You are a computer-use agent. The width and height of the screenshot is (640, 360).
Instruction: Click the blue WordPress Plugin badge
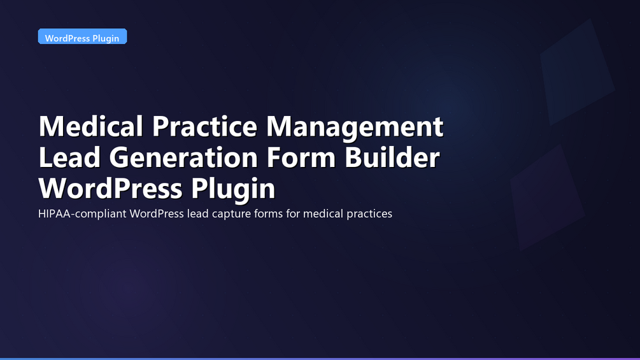point(82,36)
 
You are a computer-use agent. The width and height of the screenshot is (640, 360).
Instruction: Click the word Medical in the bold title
point(91,126)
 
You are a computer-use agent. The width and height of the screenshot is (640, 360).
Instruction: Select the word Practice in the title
point(204,126)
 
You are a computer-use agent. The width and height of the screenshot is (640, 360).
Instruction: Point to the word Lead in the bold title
point(69,157)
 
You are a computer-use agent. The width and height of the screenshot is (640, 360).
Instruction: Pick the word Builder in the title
point(392,157)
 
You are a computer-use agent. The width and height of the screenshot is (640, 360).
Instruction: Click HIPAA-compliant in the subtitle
point(82,214)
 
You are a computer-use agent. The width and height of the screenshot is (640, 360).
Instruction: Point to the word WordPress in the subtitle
point(157,213)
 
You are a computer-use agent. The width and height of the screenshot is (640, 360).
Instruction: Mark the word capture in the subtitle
point(231,214)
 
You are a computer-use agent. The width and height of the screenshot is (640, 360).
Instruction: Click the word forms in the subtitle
point(268,213)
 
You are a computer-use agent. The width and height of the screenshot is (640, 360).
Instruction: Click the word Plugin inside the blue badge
point(106,38)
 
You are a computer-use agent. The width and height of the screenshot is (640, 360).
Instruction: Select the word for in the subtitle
point(293,213)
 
